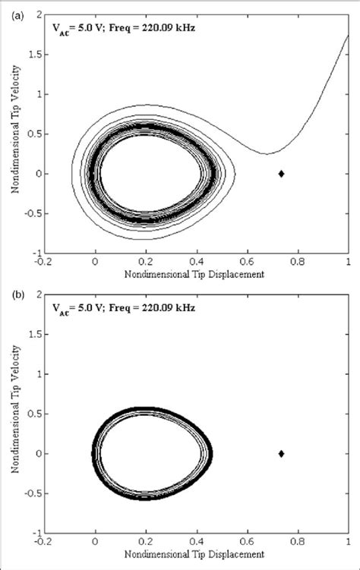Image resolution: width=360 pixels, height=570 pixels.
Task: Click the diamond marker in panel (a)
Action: tap(281, 174)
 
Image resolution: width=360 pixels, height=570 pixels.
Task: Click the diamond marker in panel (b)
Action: tap(281, 454)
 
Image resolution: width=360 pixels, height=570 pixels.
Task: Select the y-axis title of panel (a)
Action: tap(14, 134)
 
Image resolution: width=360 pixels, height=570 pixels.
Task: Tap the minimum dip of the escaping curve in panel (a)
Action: tap(266, 153)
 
